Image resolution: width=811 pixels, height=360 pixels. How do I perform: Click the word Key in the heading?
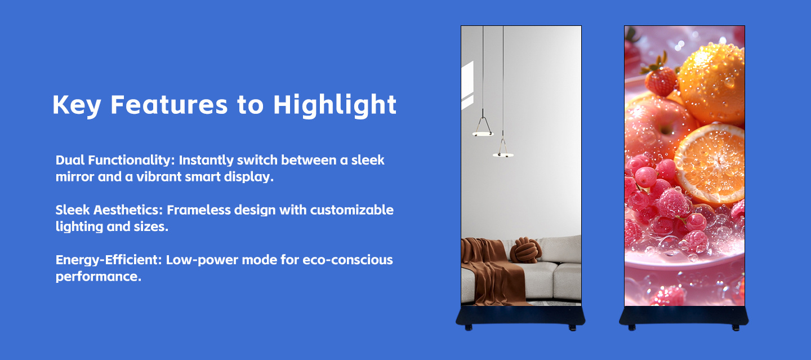coord(77,105)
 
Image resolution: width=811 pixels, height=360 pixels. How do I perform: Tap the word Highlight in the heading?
coord(335,105)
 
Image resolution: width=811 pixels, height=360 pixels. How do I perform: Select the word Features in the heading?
coord(169,105)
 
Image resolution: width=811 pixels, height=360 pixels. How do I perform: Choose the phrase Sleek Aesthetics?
coord(109,210)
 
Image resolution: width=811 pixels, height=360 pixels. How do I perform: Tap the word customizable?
coord(352,210)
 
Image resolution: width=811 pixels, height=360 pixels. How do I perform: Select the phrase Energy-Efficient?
coord(109,260)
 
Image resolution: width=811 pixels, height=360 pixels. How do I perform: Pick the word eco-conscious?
coord(347,260)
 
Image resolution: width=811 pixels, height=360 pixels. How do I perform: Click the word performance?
coord(98,277)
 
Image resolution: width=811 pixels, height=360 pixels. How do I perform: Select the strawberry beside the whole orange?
coord(661,79)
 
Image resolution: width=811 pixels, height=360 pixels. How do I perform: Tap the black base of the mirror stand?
coord(520,316)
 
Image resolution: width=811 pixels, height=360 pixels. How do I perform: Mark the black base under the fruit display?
coord(684,316)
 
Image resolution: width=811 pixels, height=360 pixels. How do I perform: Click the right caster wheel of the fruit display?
coord(736,328)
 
